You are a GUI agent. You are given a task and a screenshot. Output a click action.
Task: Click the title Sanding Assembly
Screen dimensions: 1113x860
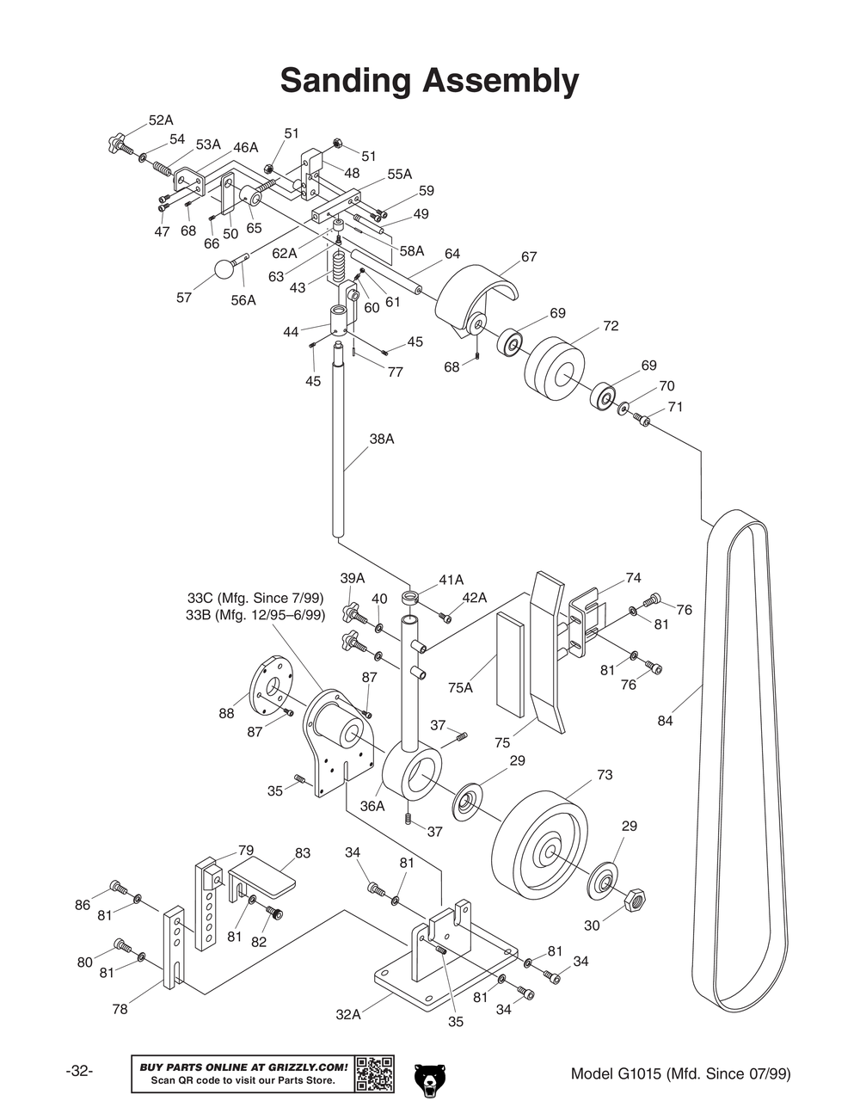pyautogui.click(x=429, y=81)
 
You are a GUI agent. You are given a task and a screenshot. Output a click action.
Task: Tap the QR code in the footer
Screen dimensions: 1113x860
pyautogui.click(x=374, y=1073)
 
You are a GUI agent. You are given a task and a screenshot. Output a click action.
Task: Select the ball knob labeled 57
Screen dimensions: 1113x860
pyautogui.click(x=224, y=269)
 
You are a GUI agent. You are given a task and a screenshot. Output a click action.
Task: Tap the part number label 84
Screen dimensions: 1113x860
pyautogui.click(x=665, y=721)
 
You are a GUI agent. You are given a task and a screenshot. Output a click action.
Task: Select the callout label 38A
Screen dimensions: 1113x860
pyautogui.click(x=382, y=439)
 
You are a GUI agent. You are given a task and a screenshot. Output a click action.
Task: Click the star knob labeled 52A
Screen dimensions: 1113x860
pyautogui.click(x=116, y=140)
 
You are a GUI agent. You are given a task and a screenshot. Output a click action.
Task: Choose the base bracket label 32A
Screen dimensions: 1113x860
pyautogui.click(x=348, y=1014)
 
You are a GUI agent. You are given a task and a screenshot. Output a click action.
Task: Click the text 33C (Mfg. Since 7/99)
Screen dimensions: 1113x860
pyautogui.click(x=255, y=598)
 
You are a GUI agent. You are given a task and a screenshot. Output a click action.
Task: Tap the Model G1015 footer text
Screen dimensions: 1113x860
pyautogui.click(x=680, y=1073)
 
